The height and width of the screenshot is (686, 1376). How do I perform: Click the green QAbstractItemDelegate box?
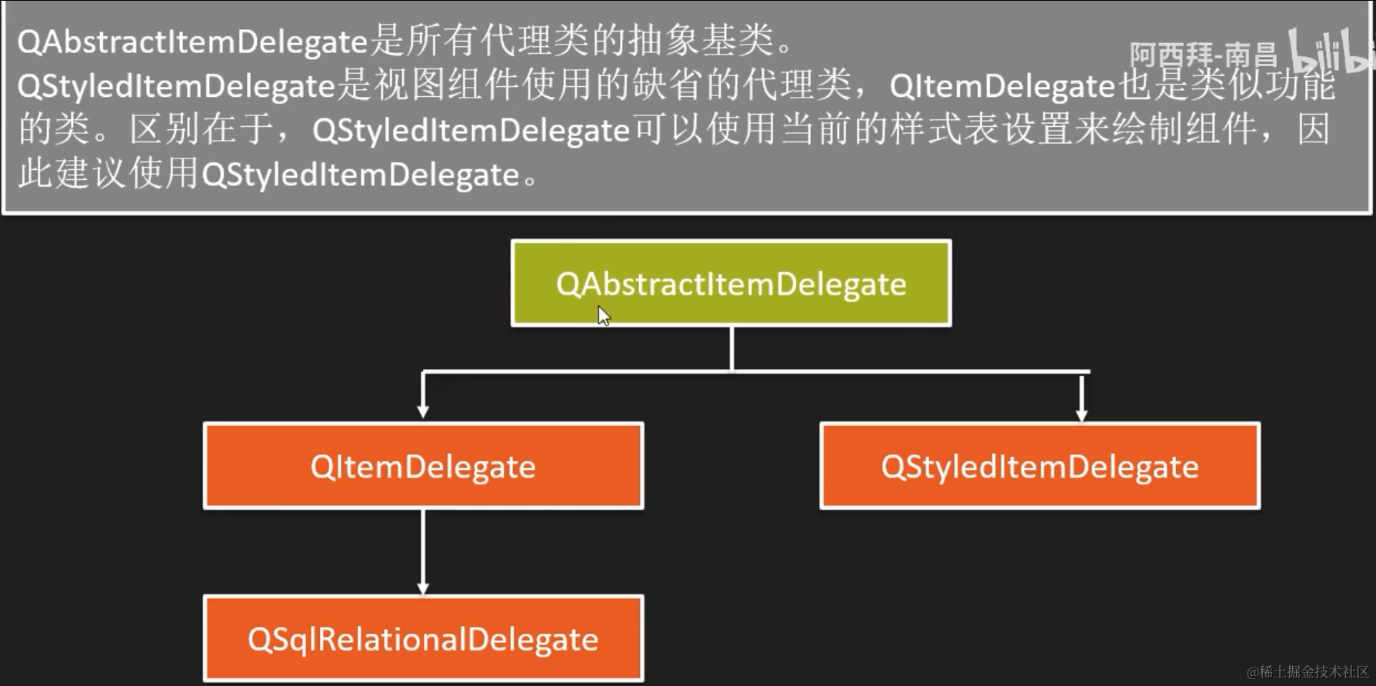731,283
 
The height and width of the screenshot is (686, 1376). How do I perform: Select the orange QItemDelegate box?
423,466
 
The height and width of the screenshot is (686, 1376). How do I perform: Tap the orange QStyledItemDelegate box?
1040,466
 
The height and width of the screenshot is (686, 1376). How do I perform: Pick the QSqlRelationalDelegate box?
423,638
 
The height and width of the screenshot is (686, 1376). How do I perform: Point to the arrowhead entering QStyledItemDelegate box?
1082,414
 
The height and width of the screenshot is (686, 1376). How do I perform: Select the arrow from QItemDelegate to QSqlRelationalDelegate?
423,551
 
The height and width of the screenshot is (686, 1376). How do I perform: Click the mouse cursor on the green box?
603,315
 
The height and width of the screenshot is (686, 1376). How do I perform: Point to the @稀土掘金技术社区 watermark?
1308,671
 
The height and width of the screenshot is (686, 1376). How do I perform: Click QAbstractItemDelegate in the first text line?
192,42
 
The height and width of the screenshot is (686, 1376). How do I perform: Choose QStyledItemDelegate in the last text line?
360,175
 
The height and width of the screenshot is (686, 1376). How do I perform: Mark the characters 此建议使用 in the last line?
108,175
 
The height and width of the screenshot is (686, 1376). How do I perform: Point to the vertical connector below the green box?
731,348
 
